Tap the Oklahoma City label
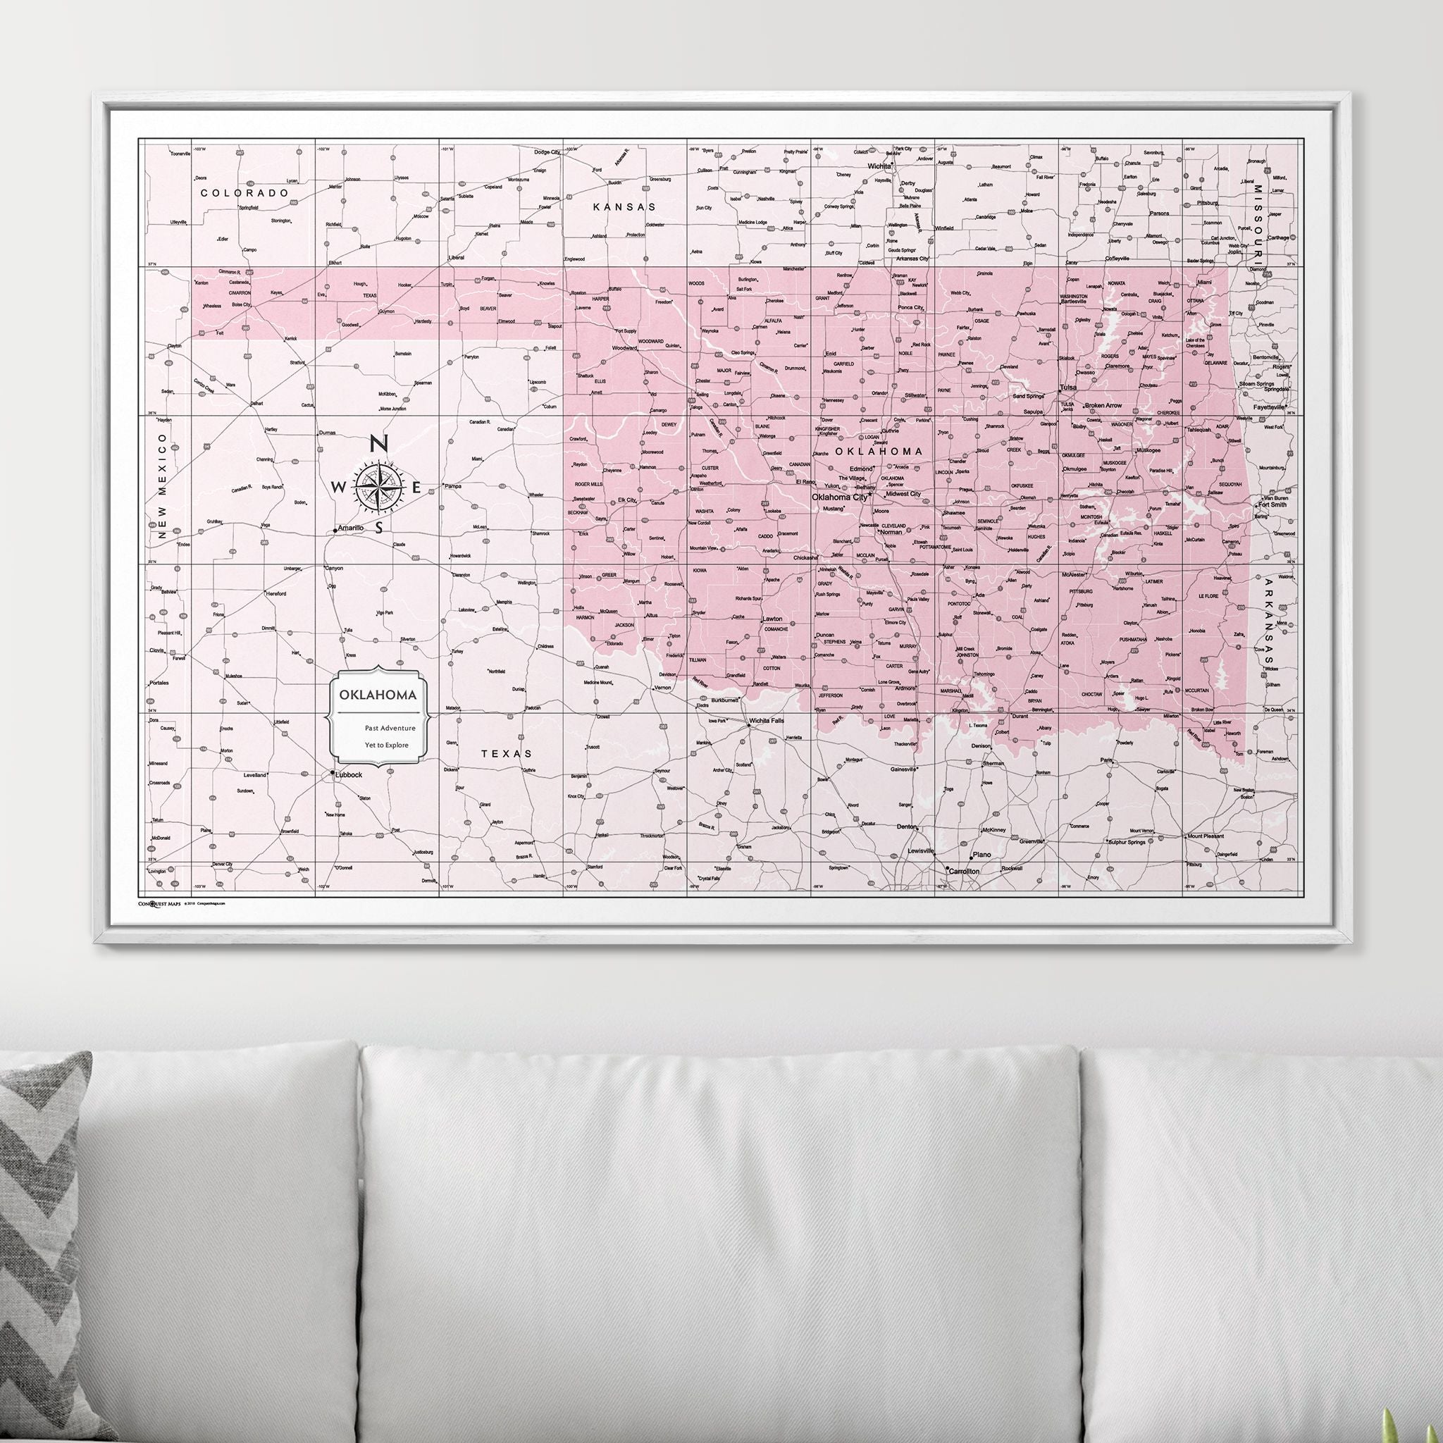click(839, 497)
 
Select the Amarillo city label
click(350, 528)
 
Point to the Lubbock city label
click(348, 774)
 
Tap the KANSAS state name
click(624, 207)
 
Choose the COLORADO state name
click(244, 192)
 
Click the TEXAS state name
click(507, 754)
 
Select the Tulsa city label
click(1068, 388)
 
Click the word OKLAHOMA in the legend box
click(377, 695)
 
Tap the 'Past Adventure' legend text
click(390, 727)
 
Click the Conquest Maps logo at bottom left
click(159, 903)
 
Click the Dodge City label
click(546, 152)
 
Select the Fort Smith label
click(1272, 504)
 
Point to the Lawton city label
click(772, 619)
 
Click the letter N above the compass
click(378, 444)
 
